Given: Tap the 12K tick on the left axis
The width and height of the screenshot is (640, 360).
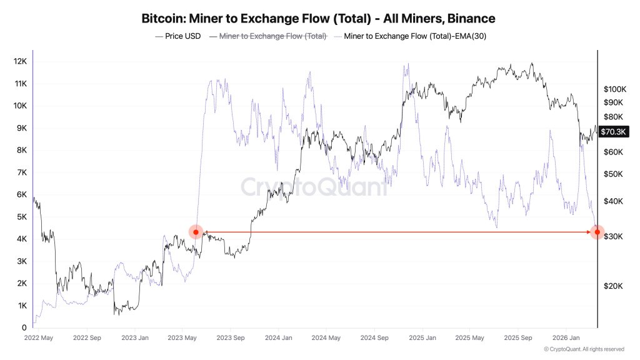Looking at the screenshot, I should click(x=20, y=61).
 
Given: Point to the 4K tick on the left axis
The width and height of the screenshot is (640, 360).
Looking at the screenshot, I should click(x=22, y=239).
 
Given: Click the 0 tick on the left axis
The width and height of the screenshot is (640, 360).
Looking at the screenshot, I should click(x=24, y=327).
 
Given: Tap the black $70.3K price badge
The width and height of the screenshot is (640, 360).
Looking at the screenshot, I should click(x=613, y=132).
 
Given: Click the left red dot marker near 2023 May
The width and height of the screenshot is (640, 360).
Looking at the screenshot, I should click(x=196, y=232).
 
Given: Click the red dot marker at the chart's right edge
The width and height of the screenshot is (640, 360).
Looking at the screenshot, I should click(x=597, y=232).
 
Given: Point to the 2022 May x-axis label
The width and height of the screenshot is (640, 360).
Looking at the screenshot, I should click(x=39, y=337).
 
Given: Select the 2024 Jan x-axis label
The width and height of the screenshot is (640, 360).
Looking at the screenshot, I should click(x=279, y=337).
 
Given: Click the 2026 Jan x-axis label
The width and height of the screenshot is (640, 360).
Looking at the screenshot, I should click(x=566, y=337).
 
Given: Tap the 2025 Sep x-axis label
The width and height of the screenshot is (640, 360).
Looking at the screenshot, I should click(x=519, y=337).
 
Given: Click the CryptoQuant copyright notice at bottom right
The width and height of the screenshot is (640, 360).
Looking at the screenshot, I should click(x=583, y=349).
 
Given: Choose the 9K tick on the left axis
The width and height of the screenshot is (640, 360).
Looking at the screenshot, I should click(x=22, y=128).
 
